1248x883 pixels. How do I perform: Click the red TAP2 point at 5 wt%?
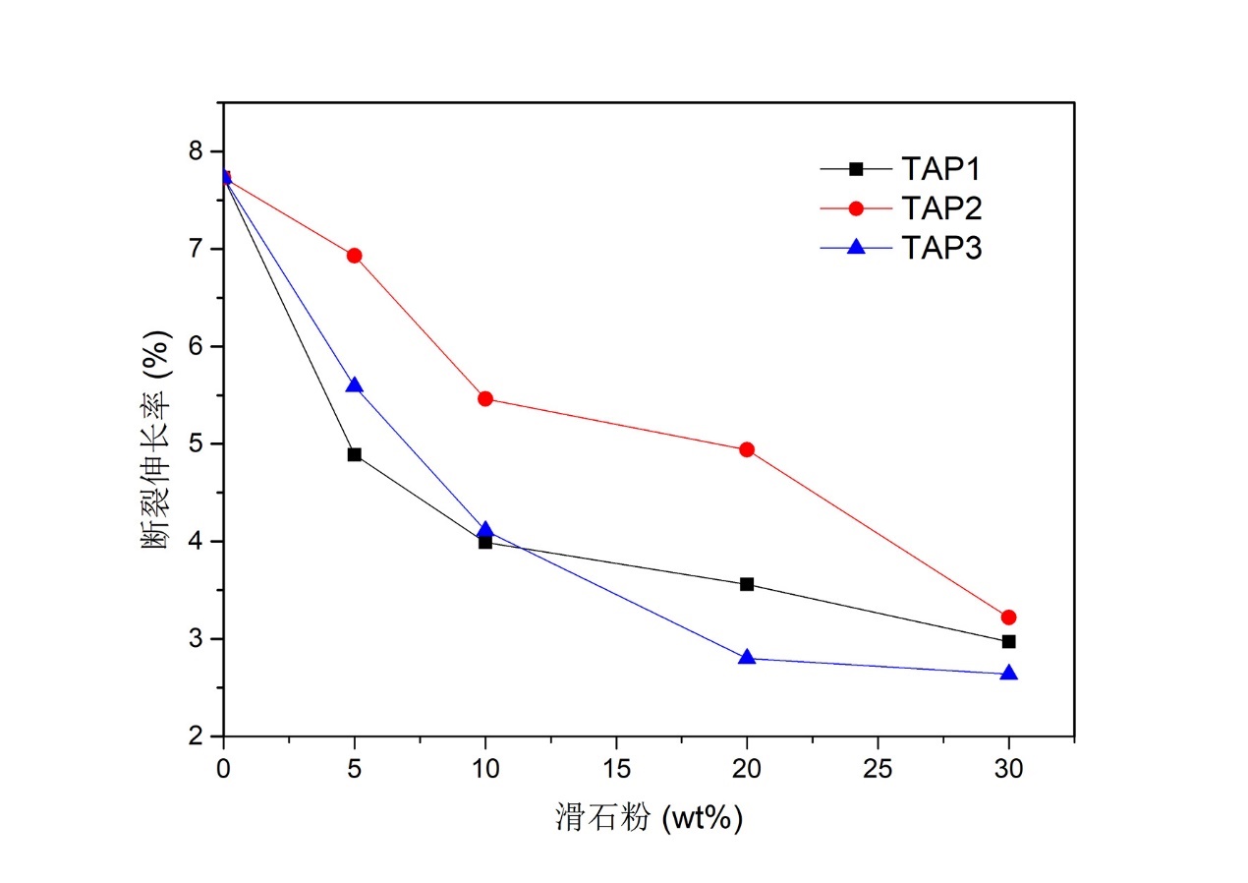(354, 256)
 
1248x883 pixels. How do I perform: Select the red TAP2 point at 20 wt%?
(747, 449)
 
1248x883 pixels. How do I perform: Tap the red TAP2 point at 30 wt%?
(1008, 618)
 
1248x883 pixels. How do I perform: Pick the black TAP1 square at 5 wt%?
(354, 454)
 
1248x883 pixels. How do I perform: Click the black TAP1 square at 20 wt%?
(747, 584)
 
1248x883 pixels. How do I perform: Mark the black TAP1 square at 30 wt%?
(1008, 641)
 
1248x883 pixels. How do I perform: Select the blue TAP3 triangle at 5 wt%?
(354, 385)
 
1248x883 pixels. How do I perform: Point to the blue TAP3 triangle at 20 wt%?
(747, 657)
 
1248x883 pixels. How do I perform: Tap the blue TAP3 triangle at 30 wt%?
(1008, 674)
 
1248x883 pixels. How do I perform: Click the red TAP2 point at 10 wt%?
(484, 398)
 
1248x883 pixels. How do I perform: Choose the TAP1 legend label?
(940, 168)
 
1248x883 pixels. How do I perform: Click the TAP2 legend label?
(940, 208)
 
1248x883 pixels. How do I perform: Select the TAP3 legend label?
(940, 249)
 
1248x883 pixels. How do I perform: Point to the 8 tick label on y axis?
(197, 150)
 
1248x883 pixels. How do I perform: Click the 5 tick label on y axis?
(197, 443)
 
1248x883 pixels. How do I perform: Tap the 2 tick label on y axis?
(197, 736)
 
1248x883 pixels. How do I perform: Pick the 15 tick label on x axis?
(615, 766)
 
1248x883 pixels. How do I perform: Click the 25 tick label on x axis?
(877, 766)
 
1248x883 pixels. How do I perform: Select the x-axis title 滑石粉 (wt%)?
(649, 817)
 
